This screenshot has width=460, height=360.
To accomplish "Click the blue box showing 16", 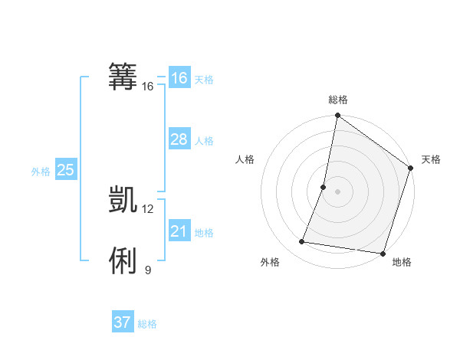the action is [179, 78].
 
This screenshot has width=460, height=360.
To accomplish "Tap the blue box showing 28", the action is [179, 139].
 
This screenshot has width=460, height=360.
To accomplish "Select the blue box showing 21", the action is [179, 231].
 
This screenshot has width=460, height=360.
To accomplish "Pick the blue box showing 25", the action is [65, 170].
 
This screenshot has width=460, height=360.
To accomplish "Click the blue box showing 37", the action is [122, 322].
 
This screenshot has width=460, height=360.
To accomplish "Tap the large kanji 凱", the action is [123, 198].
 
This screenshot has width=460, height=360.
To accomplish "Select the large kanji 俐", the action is [123, 260].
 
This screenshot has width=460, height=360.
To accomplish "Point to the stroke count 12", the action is [148, 208].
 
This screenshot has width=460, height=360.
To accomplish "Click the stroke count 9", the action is [148, 270].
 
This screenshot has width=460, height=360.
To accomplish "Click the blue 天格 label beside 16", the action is [204, 79].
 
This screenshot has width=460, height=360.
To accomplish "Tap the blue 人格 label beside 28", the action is [204, 141].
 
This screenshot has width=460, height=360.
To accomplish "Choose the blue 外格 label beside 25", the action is [41, 172].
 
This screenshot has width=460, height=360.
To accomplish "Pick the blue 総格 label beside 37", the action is [147, 324].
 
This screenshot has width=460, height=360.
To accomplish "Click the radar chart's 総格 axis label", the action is [338, 100].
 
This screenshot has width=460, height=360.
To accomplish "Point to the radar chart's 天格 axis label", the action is [431, 159].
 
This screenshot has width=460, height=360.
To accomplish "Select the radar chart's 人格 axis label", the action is [245, 159].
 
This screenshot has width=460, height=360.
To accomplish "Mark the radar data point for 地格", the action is [381, 253].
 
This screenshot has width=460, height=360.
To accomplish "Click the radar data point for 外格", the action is [302, 242].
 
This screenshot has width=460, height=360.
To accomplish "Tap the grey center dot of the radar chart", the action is [337, 191].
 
